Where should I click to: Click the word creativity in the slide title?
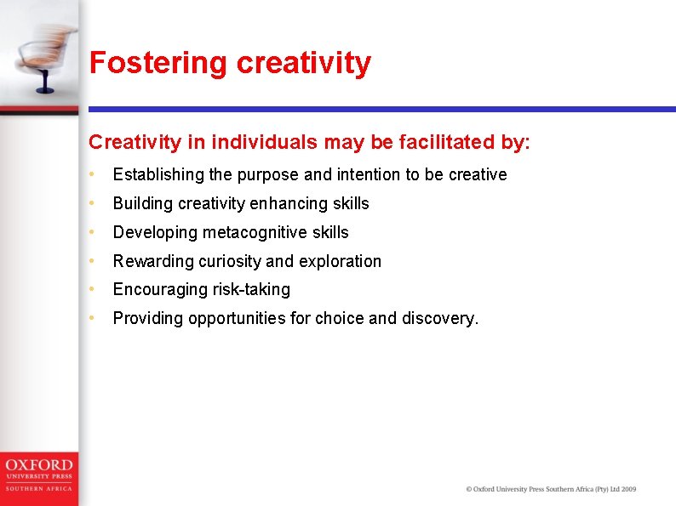tap(304, 64)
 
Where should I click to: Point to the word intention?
tap(368, 174)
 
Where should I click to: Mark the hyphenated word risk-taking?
tap(251, 290)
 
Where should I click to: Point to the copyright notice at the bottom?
tap(551, 489)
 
